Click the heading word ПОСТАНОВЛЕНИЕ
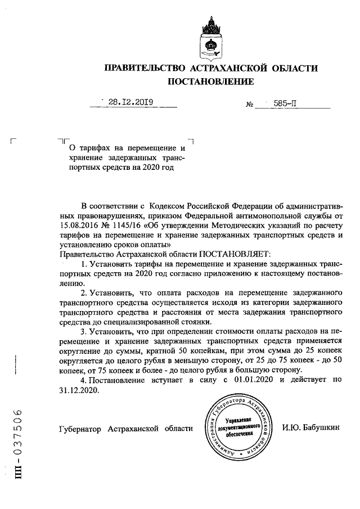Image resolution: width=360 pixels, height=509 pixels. [211, 82]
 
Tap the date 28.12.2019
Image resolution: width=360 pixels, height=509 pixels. [131, 102]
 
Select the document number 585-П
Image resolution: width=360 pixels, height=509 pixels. [286, 103]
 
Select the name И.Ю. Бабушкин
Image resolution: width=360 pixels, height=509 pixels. [311, 429]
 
